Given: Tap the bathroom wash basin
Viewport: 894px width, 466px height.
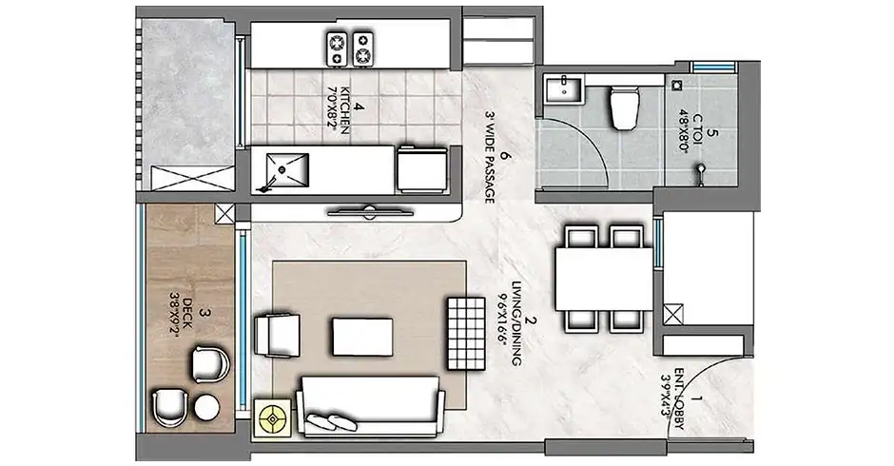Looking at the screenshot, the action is point(563,89).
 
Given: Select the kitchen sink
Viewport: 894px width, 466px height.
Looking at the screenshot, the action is point(286,169).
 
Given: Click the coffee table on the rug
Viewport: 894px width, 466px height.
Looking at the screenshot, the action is point(362,337).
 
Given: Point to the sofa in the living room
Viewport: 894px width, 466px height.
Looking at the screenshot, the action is point(370,405).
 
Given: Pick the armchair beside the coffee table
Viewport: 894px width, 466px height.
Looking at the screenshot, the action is point(277,336).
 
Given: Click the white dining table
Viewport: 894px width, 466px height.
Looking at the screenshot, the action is point(603,279).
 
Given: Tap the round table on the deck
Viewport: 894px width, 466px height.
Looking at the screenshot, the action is point(206,408).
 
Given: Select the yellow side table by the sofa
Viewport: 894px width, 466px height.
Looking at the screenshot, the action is point(273,419).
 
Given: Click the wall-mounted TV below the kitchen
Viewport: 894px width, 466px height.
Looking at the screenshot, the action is point(369,212).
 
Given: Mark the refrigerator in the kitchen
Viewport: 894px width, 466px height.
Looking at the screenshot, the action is point(422,170).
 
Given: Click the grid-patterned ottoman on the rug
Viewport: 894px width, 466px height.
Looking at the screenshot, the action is point(466,334).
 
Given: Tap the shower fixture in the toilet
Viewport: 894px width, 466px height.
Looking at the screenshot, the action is point(701,174).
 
